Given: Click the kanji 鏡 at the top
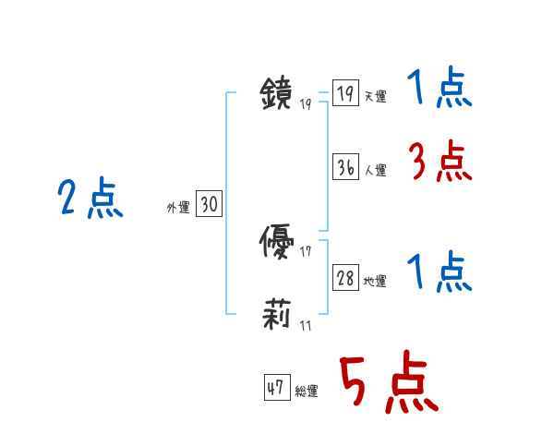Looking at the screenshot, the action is pyautogui.click(x=277, y=93).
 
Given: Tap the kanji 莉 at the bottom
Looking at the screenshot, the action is pyautogui.click(x=276, y=317).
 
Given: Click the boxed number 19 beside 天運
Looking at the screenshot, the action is pyautogui.click(x=345, y=93).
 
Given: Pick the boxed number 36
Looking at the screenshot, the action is pyautogui.click(x=345, y=167).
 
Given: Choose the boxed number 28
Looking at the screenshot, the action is pyautogui.click(x=345, y=278).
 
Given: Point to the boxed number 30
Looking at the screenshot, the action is pyautogui.click(x=209, y=205).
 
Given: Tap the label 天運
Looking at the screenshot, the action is pyautogui.click(x=376, y=96).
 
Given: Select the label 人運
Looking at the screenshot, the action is pyautogui.click(x=376, y=170).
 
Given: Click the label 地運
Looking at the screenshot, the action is pyautogui.click(x=376, y=281).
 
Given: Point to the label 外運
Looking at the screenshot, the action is pyautogui.click(x=178, y=208).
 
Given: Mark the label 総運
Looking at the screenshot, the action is pyautogui.click(x=307, y=391).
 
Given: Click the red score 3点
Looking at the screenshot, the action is pyautogui.click(x=440, y=163).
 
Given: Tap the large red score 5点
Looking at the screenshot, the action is pyautogui.click(x=388, y=383).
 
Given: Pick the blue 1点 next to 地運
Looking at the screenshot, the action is pyautogui.click(x=440, y=273).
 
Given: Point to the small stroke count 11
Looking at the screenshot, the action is pyautogui.click(x=305, y=325).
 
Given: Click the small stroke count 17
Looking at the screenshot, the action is pyautogui.click(x=305, y=251).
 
